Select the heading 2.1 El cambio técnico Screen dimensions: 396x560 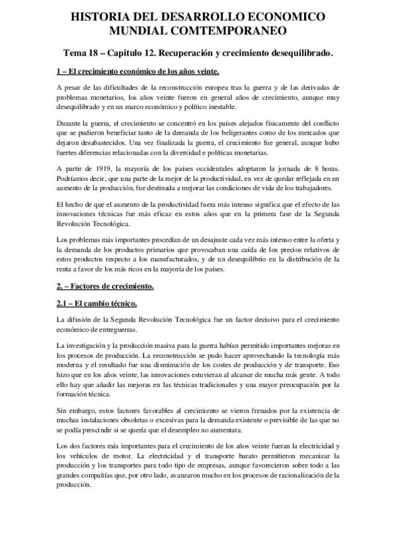point(97,303)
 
